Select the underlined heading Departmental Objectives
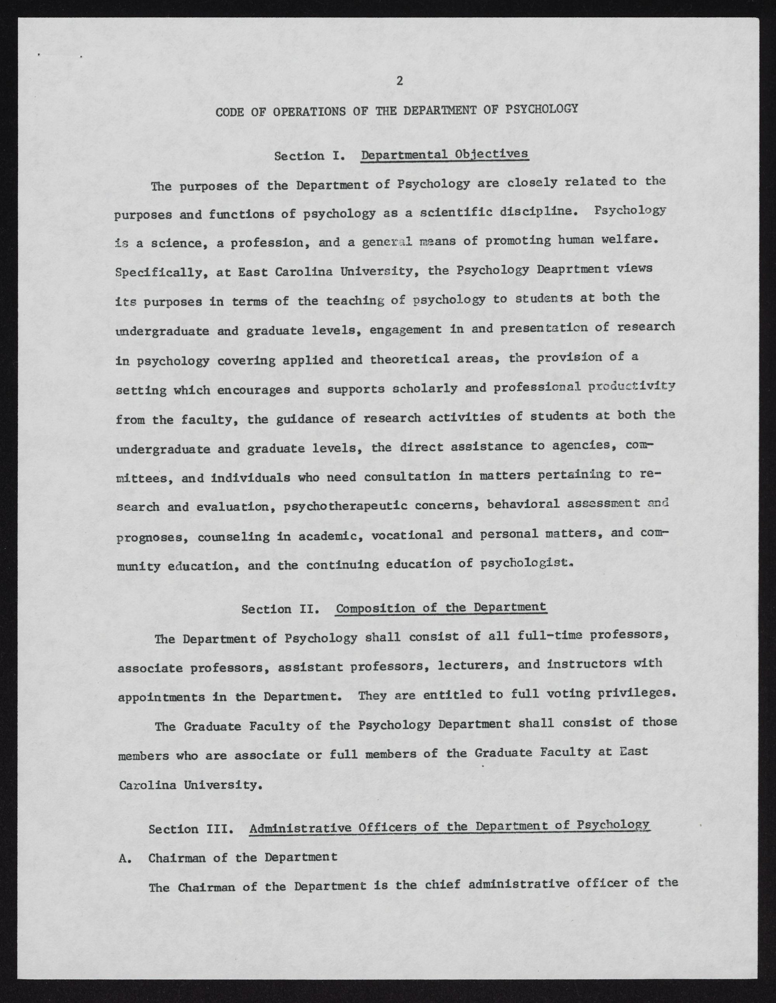pyautogui.click(x=445, y=154)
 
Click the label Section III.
pyautogui.click(x=192, y=829)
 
